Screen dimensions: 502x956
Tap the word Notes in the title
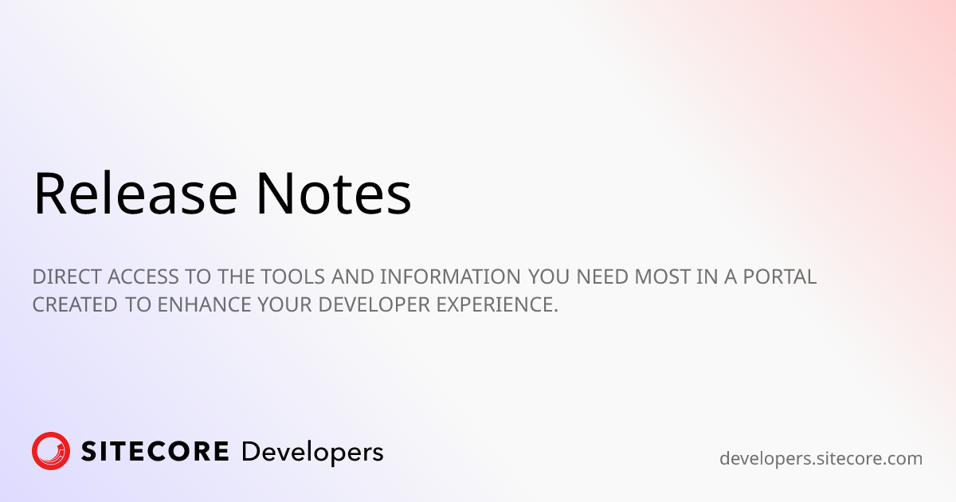(333, 194)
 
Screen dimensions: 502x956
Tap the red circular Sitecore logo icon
(51, 451)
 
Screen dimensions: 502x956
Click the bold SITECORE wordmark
(155, 452)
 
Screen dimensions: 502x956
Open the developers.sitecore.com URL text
(821, 459)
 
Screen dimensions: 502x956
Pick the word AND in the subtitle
(347, 277)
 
